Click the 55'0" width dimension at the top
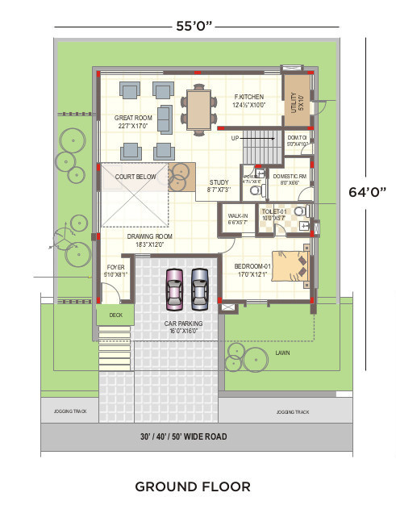point(194,26)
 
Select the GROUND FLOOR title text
point(193,486)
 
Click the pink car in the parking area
point(174,290)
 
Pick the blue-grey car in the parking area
point(200,290)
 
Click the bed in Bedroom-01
point(291,267)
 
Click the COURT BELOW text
point(135,176)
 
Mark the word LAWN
point(282,353)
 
